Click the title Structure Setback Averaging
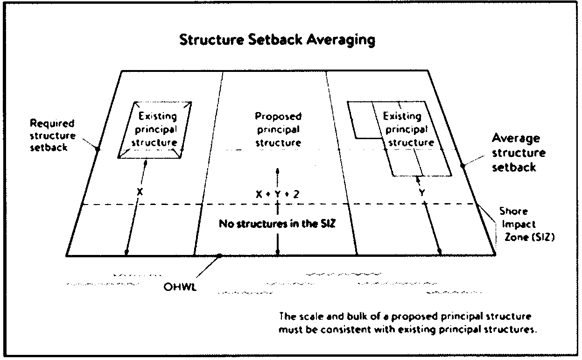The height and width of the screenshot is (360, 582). [x=277, y=40]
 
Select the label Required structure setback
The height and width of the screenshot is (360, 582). [x=52, y=136]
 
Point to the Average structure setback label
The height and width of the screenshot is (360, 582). [x=519, y=153]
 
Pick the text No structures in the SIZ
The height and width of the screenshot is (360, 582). [x=277, y=224]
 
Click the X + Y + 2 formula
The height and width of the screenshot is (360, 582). [x=277, y=193]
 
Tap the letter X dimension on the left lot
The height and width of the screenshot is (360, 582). [x=139, y=191]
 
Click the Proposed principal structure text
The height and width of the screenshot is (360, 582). [x=278, y=129]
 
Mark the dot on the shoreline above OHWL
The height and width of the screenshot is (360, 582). [x=219, y=255]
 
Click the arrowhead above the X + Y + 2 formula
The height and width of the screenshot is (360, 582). [x=277, y=170]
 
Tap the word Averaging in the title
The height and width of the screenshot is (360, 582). [x=341, y=40]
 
